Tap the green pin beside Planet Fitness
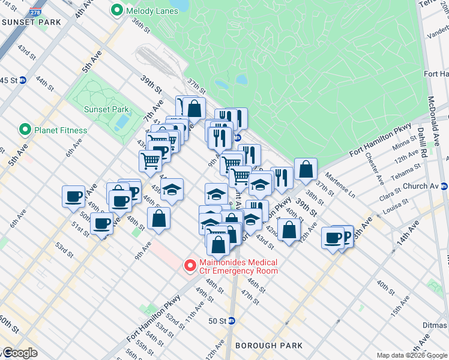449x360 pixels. [x=25, y=130]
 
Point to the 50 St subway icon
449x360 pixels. [x=232, y=321]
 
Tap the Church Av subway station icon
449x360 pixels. [x=444, y=186]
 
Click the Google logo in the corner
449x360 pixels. [x=19, y=353]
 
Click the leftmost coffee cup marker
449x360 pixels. [x=74, y=197]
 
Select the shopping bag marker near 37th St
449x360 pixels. [x=306, y=169]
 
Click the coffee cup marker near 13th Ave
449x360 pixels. [x=333, y=238]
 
